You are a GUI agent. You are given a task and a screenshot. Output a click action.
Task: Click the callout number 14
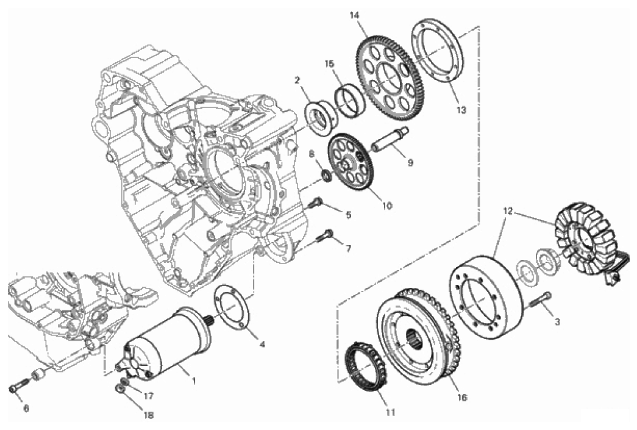354,16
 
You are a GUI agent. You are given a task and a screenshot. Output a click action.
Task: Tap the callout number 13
461,110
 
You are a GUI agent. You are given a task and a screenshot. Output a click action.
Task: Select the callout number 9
410,163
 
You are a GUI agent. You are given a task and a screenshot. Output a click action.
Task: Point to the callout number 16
462,397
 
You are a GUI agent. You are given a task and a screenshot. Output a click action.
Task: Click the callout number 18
149,415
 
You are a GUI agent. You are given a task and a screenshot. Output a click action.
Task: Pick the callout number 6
26,409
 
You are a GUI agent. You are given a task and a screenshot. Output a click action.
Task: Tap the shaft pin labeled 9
391,141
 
